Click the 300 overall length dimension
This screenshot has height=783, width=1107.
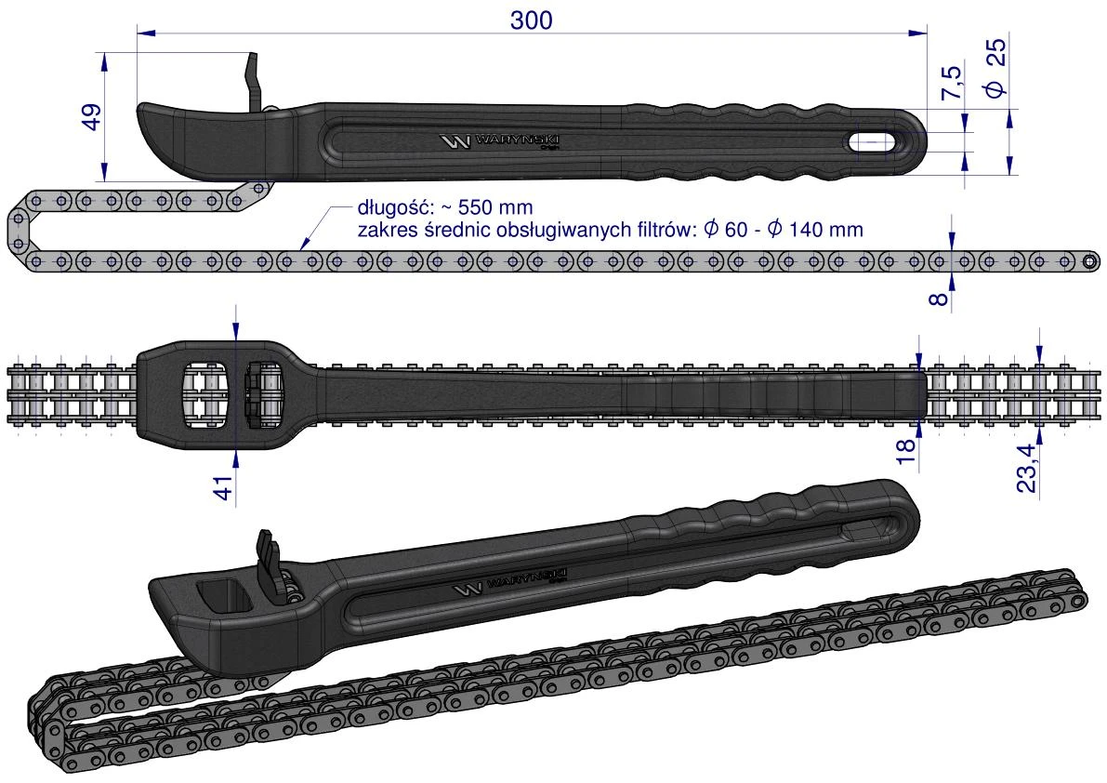coord(531,20)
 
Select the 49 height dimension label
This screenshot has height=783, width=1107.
coord(92,116)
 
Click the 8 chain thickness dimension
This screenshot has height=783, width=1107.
coord(938,298)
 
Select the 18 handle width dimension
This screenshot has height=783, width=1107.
coord(906,450)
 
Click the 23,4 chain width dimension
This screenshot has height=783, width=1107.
coord(1026,468)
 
